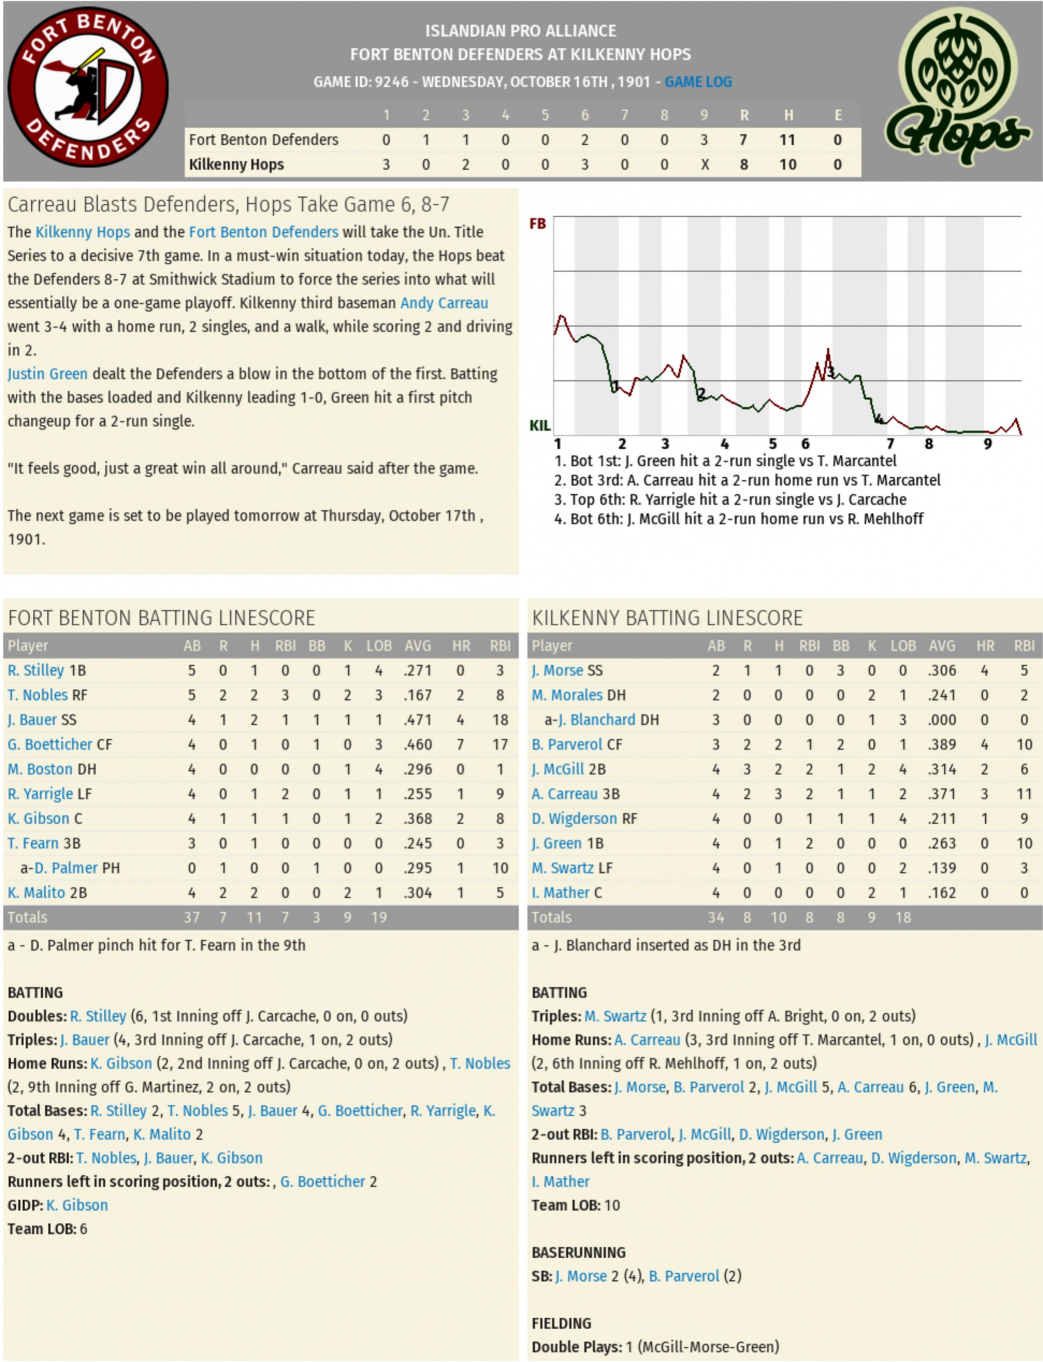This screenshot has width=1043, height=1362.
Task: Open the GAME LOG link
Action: (698, 82)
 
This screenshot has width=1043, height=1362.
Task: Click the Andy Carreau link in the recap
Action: (444, 303)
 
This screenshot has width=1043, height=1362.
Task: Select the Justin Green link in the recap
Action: (47, 374)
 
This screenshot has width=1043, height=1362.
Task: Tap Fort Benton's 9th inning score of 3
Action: (703, 140)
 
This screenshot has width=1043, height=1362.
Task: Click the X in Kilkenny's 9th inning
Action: (704, 164)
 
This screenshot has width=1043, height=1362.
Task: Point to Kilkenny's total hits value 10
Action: (787, 164)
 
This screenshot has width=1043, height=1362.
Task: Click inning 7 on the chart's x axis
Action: (890, 443)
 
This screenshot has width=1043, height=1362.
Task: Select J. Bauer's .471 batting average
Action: (418, 719)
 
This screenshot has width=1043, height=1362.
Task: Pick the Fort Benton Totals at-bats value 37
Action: (191, 917)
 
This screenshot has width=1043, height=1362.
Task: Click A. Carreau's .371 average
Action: (942, 794)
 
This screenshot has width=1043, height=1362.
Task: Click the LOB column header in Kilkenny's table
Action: (902, 646)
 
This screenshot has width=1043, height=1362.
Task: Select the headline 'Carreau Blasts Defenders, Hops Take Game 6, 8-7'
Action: (228, 204)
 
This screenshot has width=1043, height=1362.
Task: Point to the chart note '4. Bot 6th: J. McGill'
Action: (738, 518)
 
